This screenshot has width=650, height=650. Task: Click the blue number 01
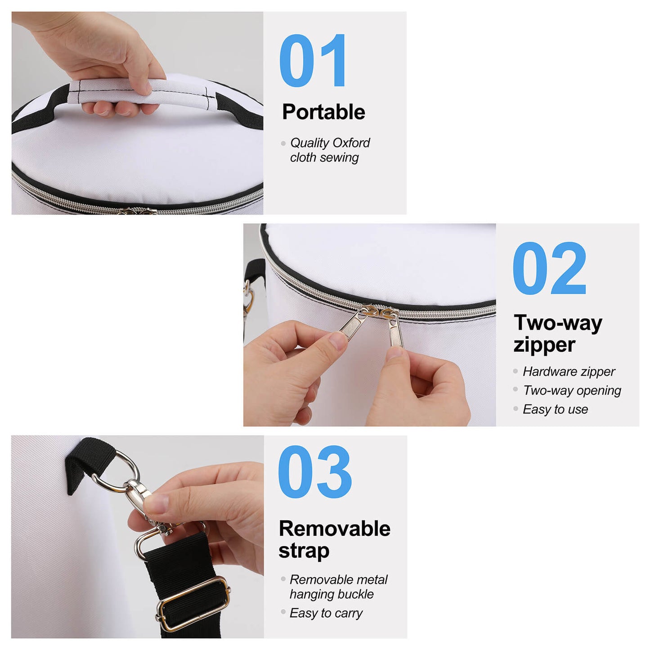pos(313,61)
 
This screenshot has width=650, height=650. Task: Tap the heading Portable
pos(323,112)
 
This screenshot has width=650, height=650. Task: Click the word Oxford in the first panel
pos(351,143)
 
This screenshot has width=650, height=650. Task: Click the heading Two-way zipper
pos(558,334)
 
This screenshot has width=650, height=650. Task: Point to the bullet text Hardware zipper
pos(569,372)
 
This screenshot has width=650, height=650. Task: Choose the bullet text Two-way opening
pos(572,390)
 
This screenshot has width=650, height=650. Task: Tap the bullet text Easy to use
pos(555,409)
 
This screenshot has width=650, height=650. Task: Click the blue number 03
pos(314,472)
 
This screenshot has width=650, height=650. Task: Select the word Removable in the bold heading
pos(334,529)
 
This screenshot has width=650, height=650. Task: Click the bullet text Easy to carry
pos(326,613)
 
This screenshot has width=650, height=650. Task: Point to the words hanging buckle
pos(332,594)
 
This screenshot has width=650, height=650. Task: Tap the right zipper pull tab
pos(395,333)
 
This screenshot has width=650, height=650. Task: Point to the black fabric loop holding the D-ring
pos(88,461)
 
